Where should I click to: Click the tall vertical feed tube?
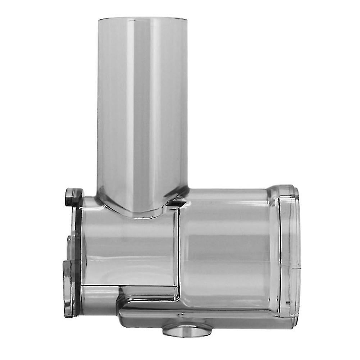[x=142, y=108]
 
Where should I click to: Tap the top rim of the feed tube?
[x=142, y=18]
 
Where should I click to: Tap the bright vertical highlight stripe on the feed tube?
[x=130, y=108]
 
